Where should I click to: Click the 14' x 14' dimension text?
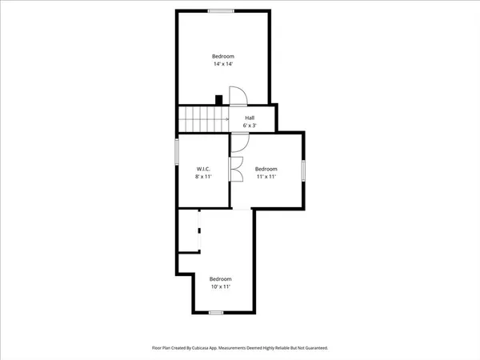tap(222, 65)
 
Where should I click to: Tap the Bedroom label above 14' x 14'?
tap(222, 56)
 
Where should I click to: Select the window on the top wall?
tap(221, 10)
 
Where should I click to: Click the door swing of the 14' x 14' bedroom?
tap(238, 97)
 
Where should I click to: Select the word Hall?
tap(250, 118)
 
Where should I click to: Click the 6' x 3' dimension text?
tap(250, 126)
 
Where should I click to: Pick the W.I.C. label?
tap(203, 169)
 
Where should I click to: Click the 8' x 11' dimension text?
tap(203, 178)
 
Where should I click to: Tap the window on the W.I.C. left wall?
tap(177, 152)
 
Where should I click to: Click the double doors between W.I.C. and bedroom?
tap(236, 169)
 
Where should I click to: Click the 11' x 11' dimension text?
tap(266, 178)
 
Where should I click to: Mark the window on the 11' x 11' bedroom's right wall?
tap(304, 170)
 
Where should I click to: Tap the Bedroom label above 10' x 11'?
tap(220, 278)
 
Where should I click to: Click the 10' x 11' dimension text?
tap(220, 286)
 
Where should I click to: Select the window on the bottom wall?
tap(214, 313)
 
